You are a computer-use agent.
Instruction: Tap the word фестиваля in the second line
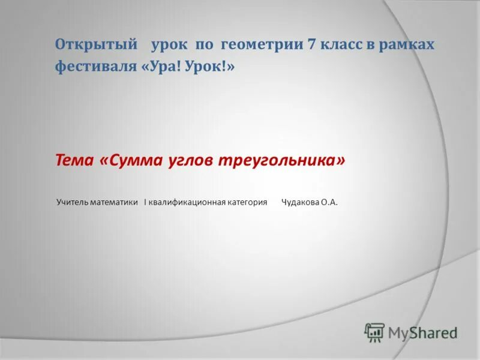96,67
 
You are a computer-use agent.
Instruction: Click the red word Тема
74,161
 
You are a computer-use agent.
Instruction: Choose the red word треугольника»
281,161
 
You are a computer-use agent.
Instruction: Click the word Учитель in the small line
73,203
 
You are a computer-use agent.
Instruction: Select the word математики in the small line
115,203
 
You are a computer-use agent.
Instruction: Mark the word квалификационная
187,203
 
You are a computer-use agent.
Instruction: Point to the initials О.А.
329,203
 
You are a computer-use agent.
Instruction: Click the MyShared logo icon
374,332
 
